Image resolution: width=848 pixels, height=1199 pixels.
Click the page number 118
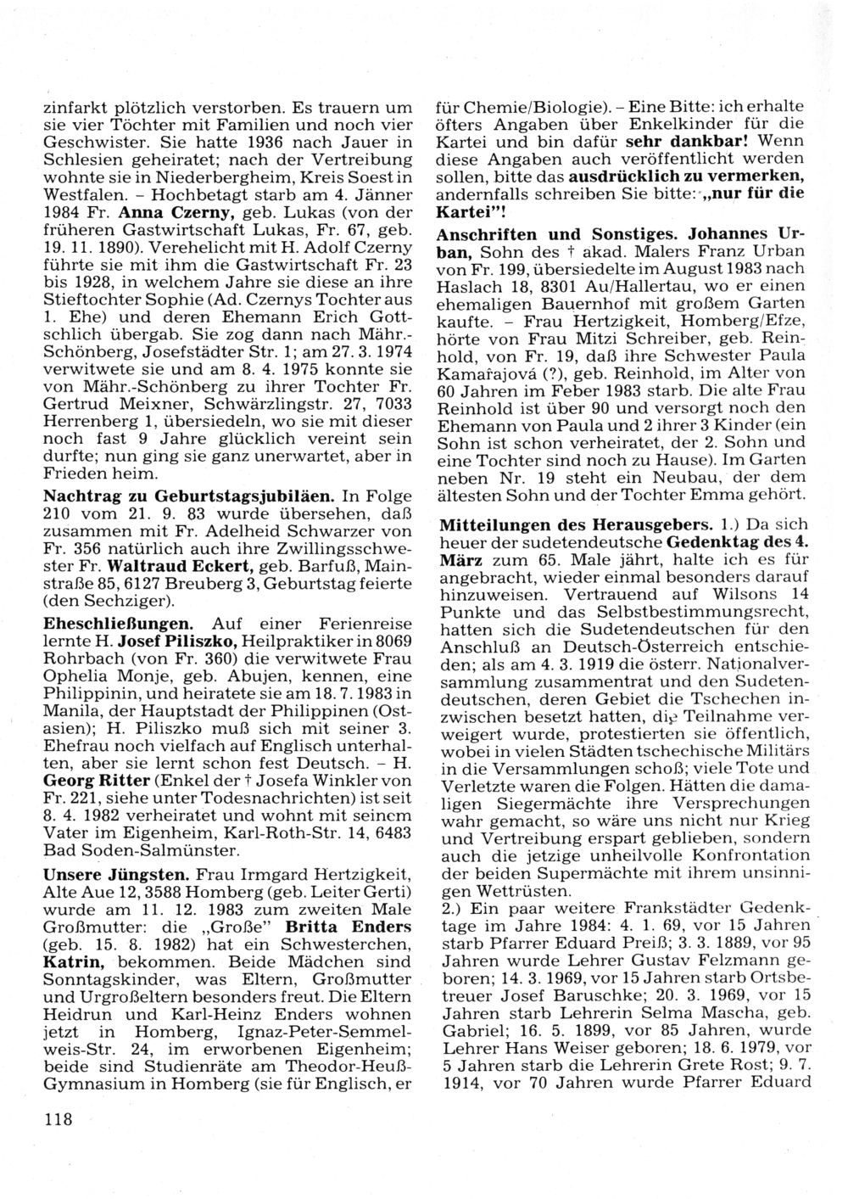59,1118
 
